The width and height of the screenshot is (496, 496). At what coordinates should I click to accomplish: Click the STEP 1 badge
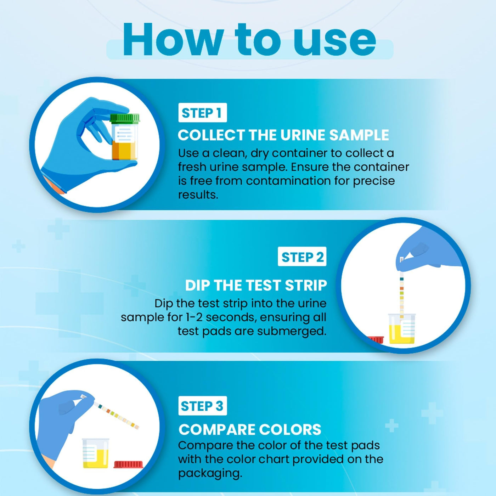[203, 112]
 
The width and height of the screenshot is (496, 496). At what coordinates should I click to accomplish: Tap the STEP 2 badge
[302, 257]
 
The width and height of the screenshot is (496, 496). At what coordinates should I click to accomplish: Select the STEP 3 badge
[203, 406]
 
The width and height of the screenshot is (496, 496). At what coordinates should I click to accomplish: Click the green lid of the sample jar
[125, 118]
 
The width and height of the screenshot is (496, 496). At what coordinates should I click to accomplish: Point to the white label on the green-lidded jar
[125, 134]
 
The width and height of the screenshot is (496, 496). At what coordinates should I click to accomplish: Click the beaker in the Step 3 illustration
[96, 453]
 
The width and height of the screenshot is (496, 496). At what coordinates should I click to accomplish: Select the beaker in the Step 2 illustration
[402, 328]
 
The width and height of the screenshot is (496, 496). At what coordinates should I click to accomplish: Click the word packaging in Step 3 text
[210, 473]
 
